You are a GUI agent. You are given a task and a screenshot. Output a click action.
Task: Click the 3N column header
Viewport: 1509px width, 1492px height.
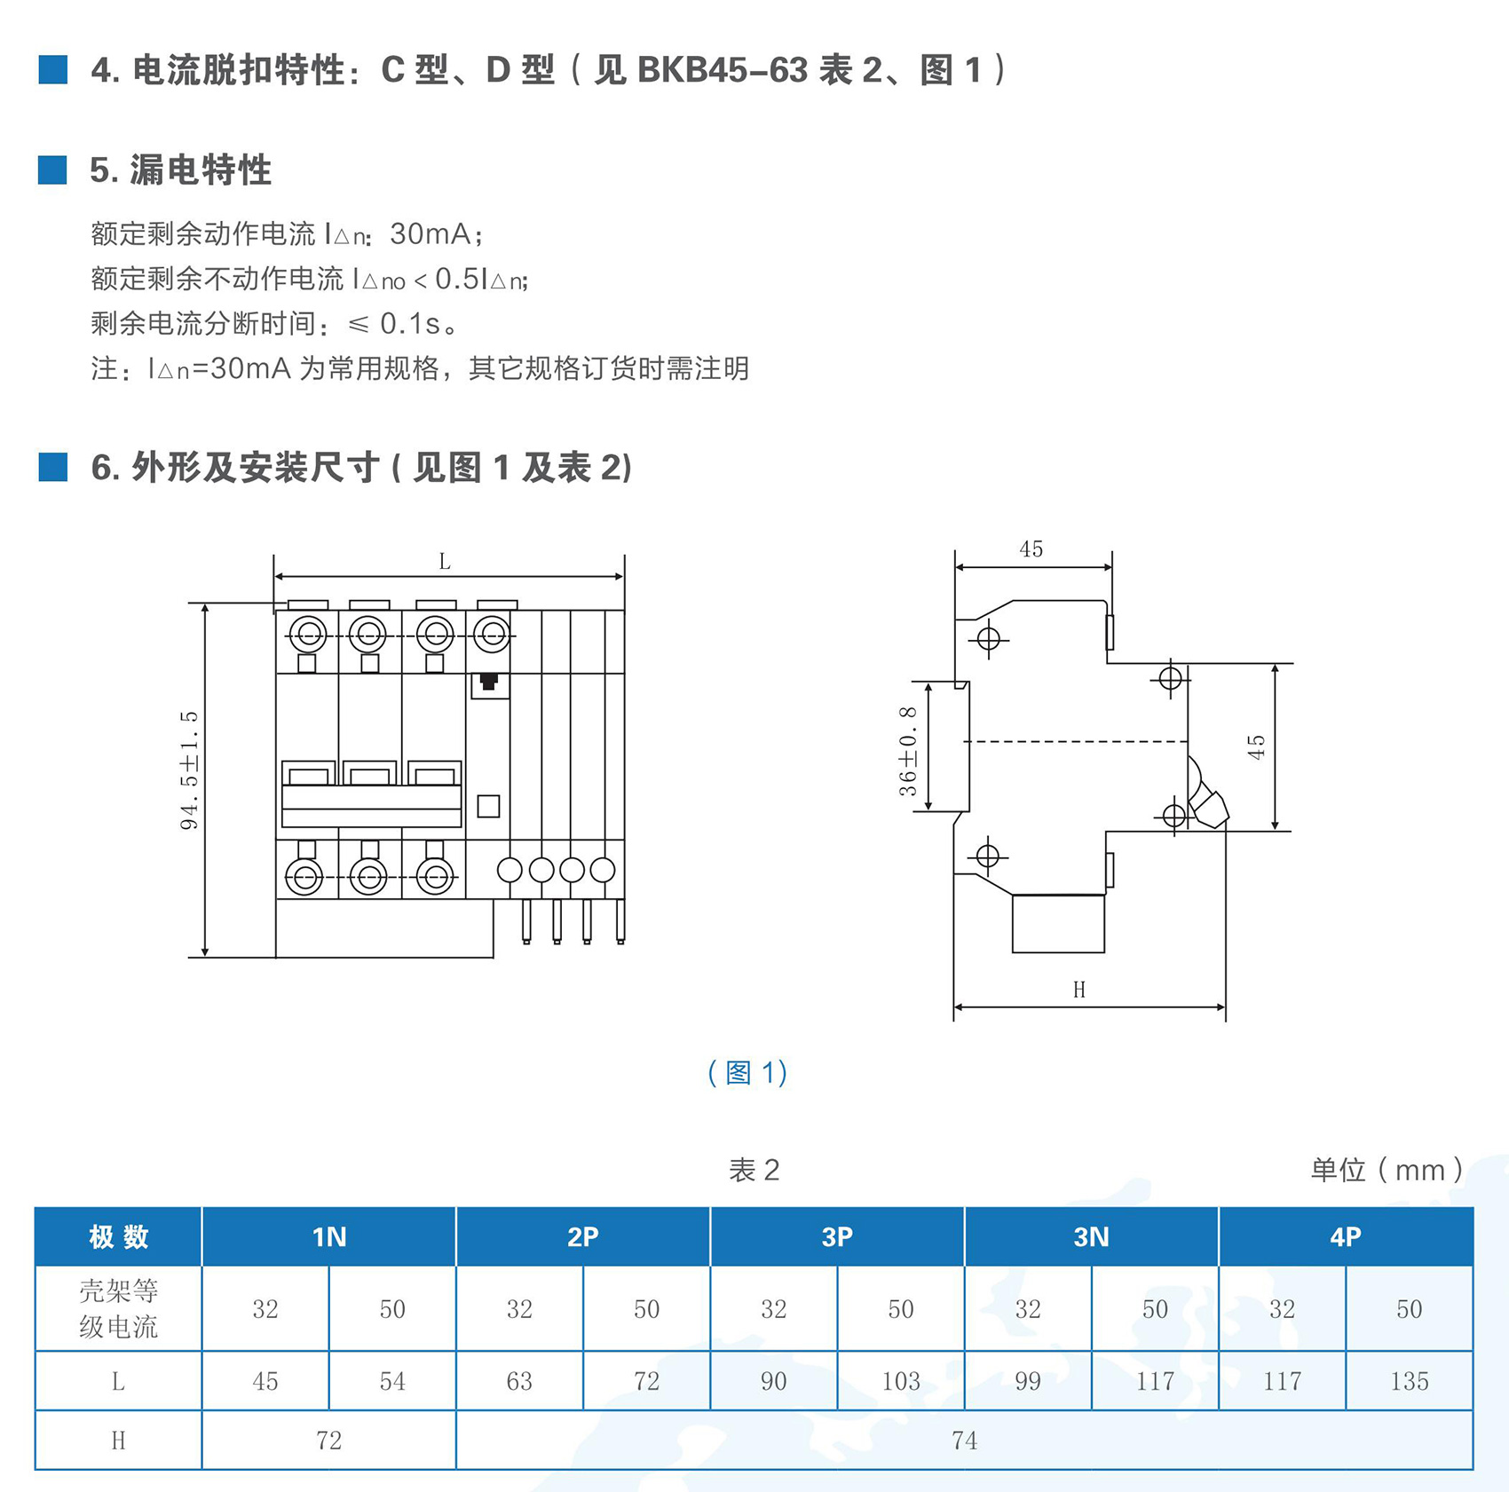pyautogui.click(x=1091, y=1236)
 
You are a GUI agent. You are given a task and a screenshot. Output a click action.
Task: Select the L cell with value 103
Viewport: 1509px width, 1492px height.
pyautogui.click(x=900, y=1380)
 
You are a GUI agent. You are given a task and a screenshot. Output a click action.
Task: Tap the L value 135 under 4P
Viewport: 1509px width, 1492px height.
pyautogui.click(x=1409, y=1380)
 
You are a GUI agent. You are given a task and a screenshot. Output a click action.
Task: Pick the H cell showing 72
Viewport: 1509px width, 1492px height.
pyautogui.click(x=328, y=1440)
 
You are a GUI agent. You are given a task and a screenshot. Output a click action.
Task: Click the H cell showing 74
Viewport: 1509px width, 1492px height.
pyautogui.click(x=964, y=1440)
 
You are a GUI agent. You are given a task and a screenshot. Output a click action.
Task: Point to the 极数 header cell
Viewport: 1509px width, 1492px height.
pyautogui.click(x=118, y=1236)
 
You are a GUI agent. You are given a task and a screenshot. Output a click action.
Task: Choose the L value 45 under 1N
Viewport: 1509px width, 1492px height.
pyautogui.click(x=265, y=1380)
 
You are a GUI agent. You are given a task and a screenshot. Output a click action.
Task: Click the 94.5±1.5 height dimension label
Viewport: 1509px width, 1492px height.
pyautogui.click(x=189, y=770)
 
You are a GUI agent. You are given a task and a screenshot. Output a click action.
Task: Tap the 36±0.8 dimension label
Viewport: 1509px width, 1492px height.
pyautogui.click(x=907, y=751)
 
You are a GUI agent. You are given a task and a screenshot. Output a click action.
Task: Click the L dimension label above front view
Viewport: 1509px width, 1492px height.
pyautogui.click(x=445, y=562)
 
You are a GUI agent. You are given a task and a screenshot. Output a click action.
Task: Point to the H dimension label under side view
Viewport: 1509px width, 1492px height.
pyautogui.click(x=1078, y=990)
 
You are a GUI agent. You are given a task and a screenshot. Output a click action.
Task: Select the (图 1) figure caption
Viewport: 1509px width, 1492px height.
pyautogui.click(x=747, y=1073)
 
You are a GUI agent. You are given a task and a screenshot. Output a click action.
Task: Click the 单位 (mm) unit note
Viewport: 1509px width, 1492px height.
pyautogui.click(x=1387, y=1170)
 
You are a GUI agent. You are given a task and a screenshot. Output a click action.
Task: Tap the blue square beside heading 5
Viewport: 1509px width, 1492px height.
pyautogui.click(x=52, y=170)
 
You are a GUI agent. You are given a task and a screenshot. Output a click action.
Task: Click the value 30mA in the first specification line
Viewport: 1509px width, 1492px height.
pyautogui.click(x=430, y=234)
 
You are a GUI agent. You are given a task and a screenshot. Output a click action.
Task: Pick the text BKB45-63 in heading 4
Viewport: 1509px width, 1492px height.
pyautogui.click(x=723, y=70)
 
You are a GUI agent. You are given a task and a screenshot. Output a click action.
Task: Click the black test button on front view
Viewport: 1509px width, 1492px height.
pyautogui.click(x=488, y=682)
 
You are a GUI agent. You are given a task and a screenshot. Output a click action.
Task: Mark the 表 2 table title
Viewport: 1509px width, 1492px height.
pyautogui.click(x=754, y=1170)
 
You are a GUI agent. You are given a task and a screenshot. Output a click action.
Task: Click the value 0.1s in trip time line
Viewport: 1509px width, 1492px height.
pyautogui.click(x=410, y=324)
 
